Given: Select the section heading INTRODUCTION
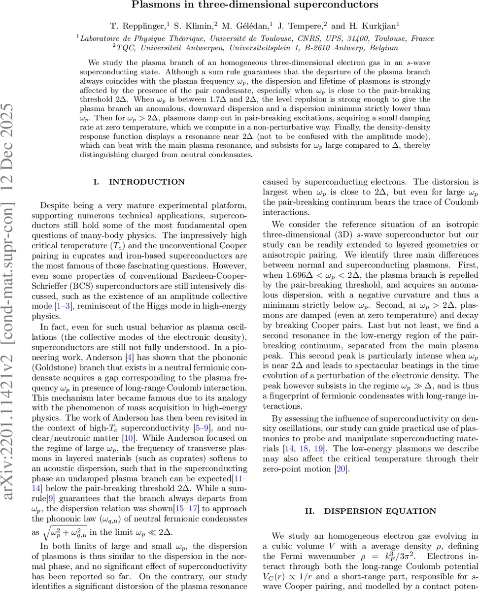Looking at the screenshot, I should (146, 182).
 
